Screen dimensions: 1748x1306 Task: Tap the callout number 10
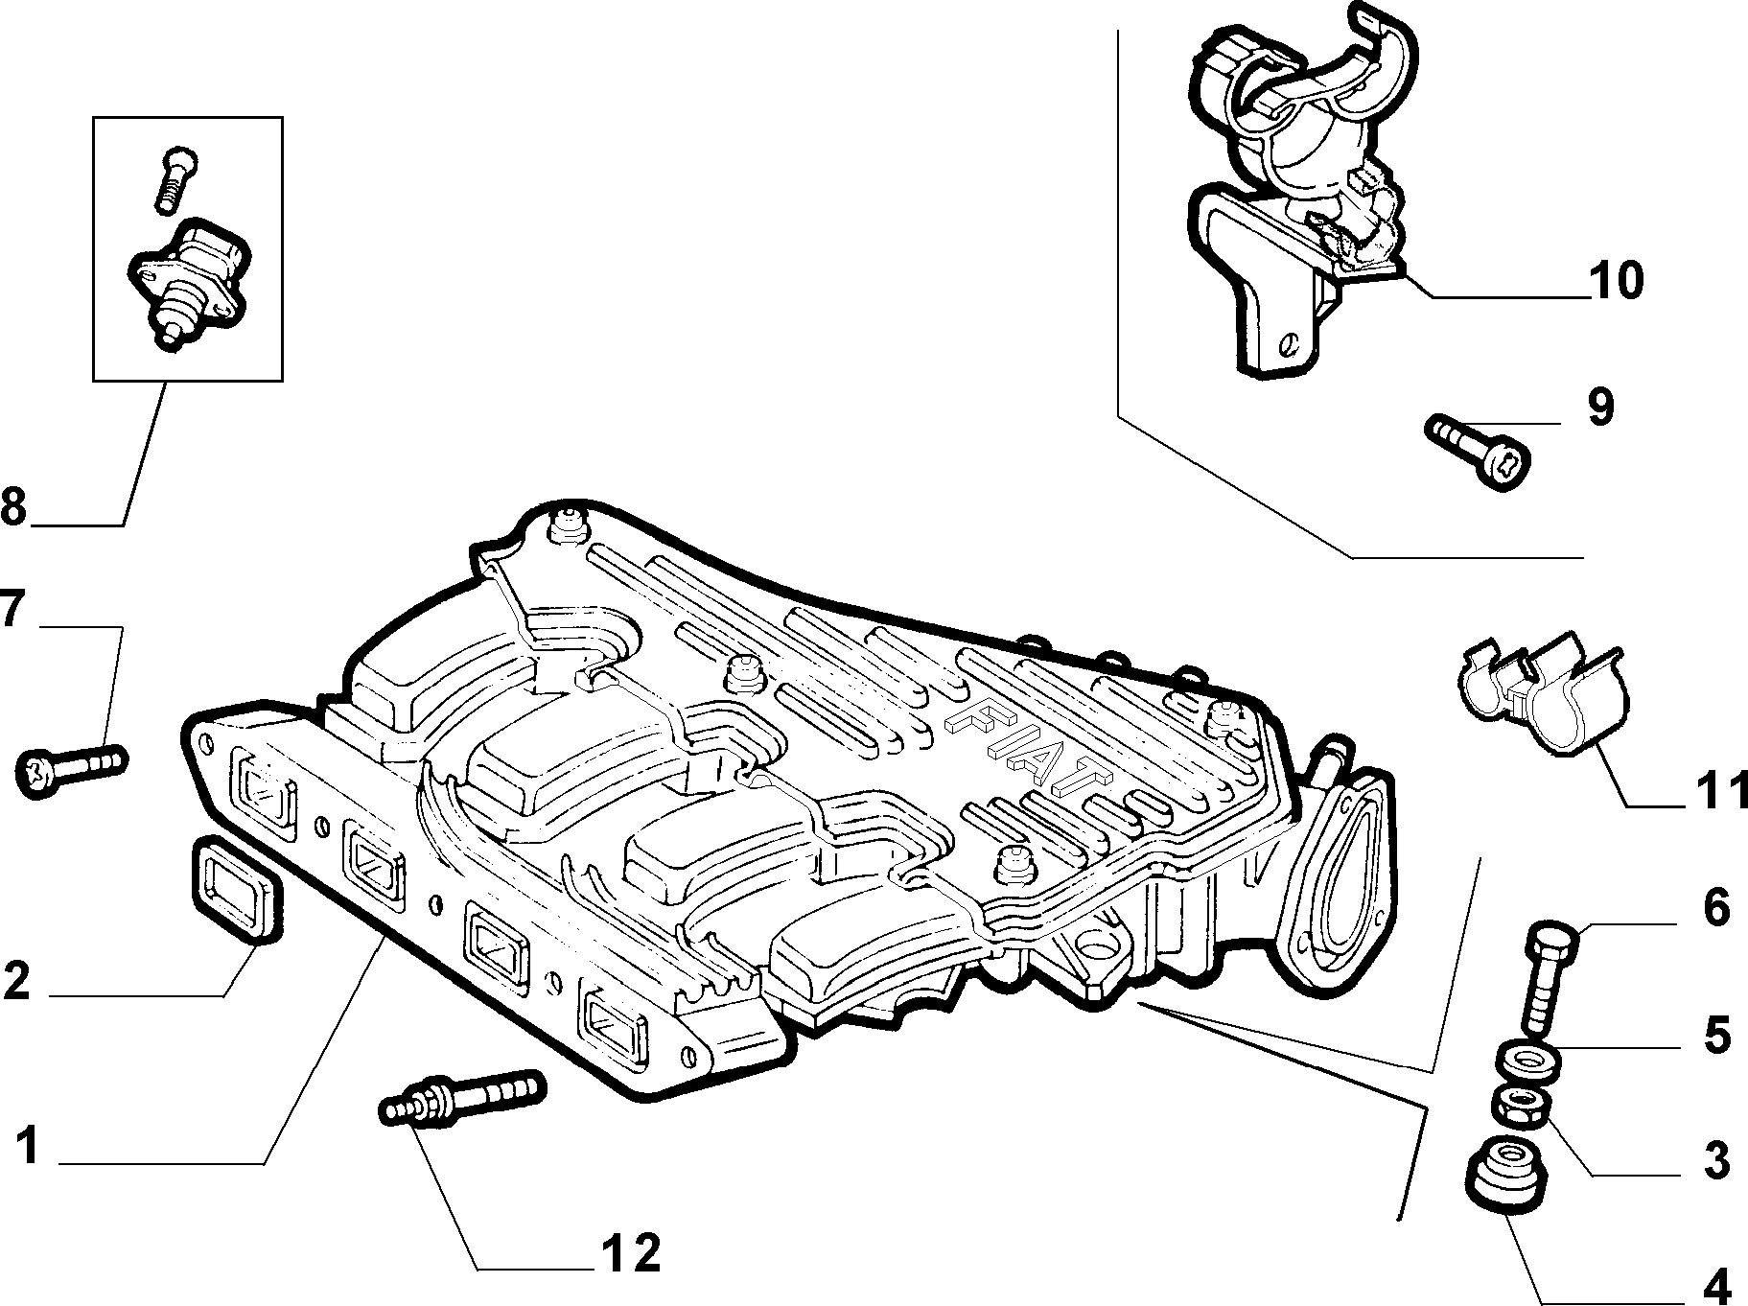pyautogui.click(x=1616, y=280)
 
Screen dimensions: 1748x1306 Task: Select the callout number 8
pyautogui.click(x=12, y=507)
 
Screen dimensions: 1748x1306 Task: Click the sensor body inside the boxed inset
pyautogui.click(x=193, y=283)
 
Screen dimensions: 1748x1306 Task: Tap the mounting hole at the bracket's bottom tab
pyautogui.click(x=1292, y=340)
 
